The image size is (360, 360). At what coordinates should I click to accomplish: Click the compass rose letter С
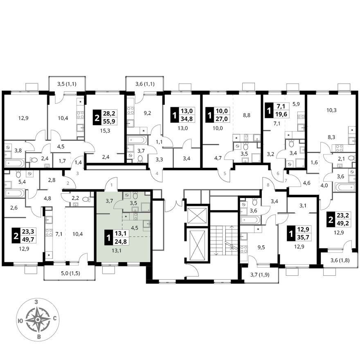55,318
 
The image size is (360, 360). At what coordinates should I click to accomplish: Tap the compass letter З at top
36,302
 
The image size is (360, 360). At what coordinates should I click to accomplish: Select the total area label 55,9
109,120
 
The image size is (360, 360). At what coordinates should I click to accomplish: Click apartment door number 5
225,173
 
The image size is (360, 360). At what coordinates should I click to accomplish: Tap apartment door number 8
268,185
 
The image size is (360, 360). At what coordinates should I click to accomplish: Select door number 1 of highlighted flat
112,185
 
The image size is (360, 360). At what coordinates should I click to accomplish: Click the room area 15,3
106,131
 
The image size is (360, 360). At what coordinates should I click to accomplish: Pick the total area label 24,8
121,241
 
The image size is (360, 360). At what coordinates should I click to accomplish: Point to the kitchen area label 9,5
261,247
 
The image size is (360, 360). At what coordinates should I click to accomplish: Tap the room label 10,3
331,110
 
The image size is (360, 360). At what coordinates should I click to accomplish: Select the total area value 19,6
281,114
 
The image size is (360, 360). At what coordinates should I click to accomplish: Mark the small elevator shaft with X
198,215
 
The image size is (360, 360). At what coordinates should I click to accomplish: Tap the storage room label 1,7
62,161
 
